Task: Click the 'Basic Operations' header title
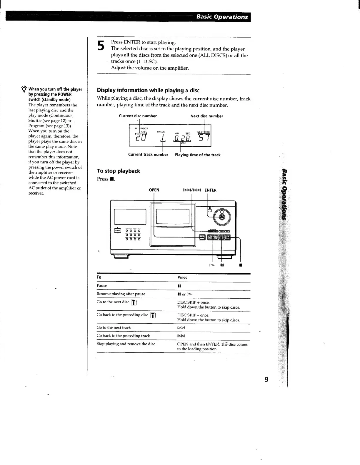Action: [222, 17]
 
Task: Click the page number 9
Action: [266, 379]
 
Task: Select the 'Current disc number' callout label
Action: [138, 116]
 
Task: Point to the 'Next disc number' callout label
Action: [206, 116]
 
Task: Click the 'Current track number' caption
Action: [148, 155]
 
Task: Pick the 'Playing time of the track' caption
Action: [197, 155]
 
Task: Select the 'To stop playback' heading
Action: [118, 171]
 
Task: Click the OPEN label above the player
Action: [154, 190]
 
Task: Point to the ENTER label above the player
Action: [210, 190]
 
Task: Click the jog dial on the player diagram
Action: [222, 217]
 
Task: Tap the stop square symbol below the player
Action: [241, 265]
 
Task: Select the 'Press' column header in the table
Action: [182, 277]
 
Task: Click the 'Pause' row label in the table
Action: [102, 286]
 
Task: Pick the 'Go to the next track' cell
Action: [114, 327]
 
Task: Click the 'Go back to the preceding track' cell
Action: [123, 336]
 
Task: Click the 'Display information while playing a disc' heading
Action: [148, 90]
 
